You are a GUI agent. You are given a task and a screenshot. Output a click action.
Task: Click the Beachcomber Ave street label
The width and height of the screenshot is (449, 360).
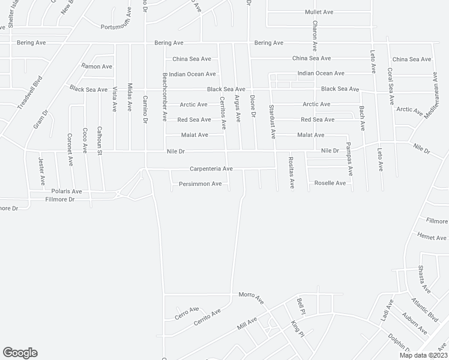pyautogui.click(x=165, y=97)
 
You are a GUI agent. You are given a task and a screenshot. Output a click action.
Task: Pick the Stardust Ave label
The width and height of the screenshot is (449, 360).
pyautogui.click(x=272, y=121)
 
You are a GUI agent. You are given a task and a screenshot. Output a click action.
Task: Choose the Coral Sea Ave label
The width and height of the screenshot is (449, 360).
pyautogui.click(x=390, y=87)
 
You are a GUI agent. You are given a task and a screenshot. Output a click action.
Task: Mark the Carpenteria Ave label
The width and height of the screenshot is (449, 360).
pyautogui.click(x=211, y=169)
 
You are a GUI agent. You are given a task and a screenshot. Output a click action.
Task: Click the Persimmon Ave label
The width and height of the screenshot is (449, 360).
pyautogui.click(x=200, y=184)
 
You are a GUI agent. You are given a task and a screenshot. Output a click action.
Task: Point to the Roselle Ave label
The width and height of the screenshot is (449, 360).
pyautogui.click(x=330, y=183)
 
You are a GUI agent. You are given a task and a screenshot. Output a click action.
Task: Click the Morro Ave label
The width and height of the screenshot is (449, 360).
pyautogui.click(x=252, y=296)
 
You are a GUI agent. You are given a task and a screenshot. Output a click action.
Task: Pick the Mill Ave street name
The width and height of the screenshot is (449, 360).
pyautogui.click(x=247, y=325)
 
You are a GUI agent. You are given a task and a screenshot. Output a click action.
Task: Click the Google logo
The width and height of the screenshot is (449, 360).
pyautogui.click(x=20, y=353)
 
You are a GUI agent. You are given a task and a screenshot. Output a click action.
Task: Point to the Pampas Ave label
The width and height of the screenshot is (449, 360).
pyautogui.click(x=350, y=163)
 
